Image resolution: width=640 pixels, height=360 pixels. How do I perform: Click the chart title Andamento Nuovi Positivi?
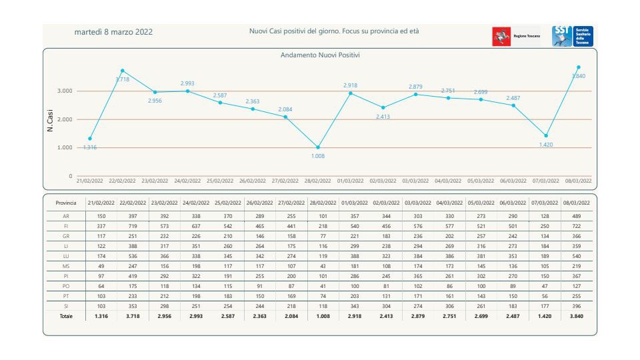(x=320, y=55)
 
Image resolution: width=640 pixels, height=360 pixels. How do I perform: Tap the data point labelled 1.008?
(x=318, y=147)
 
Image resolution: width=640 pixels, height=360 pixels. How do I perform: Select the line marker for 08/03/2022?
(x=578, y=67)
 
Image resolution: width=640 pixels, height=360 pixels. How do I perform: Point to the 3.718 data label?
(x=122, y=79)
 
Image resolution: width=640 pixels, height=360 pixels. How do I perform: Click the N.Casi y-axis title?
(x=51, y=119)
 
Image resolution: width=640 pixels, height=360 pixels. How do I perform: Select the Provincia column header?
(x=67, y=203)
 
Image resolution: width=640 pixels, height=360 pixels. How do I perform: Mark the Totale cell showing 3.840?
(x=577, y=316)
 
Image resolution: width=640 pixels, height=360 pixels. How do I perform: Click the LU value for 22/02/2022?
(x=132, y=257)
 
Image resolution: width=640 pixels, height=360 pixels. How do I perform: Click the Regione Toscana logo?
(x=516, y=36)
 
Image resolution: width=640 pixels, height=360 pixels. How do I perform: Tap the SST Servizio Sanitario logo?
(x=572, y=36)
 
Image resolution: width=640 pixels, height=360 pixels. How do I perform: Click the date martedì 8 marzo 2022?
(x=113, y=32)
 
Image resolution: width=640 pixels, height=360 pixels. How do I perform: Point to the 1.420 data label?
(x=546, y=144)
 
